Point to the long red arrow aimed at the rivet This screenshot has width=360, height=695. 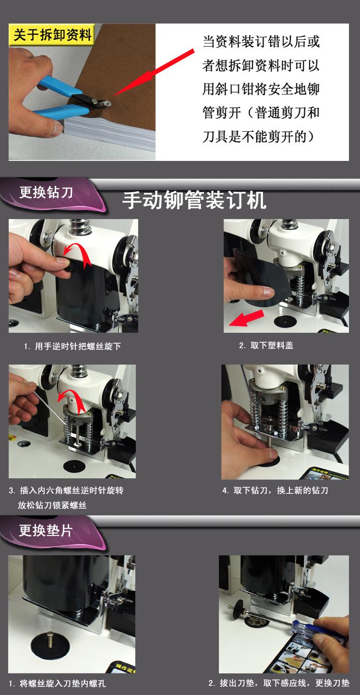pyautogui.click(x=154, y=72)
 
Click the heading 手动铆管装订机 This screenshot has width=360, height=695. pyautogui.click(x=194, y=200)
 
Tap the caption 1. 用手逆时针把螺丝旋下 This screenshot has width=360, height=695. pyautogui.click(x=72, y=346)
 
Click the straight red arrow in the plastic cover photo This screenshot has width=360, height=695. pyautogui.click(x=247, y=317)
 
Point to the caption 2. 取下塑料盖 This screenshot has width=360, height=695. pyautogui.click(x=266, y=345)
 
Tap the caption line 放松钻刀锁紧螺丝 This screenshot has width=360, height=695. pyautogui.click(x=52, y=505)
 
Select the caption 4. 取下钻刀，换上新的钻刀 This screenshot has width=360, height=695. pyautogui.click(x=275, y=490)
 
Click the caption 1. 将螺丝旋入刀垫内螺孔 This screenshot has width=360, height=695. pyautogui.click(x=57, y=683)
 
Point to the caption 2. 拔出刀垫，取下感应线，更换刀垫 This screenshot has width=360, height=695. pyautogui.click(x=279, y=683)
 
